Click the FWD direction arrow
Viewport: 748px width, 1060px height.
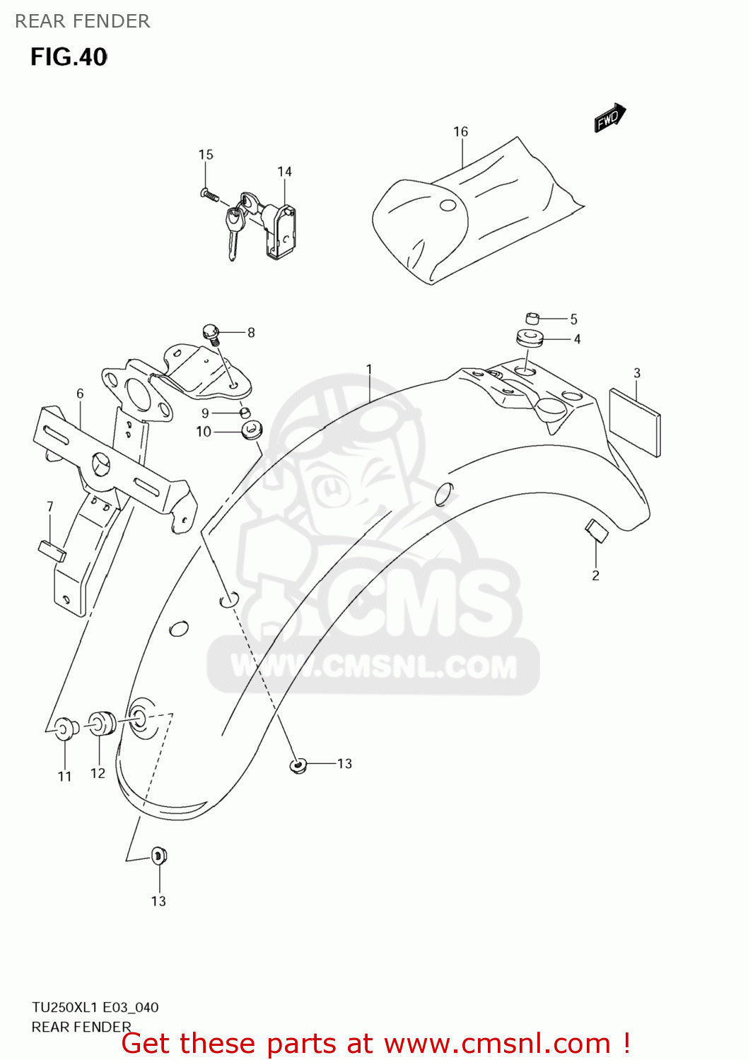609,118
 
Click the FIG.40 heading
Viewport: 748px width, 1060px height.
69,57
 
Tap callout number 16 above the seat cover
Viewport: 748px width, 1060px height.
460,132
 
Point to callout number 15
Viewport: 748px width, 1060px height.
206,155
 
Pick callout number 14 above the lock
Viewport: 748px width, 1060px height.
284,172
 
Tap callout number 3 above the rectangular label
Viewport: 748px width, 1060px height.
637,373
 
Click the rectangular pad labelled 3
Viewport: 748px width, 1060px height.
634,421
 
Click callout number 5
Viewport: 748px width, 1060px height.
574,319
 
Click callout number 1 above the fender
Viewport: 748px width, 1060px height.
369,369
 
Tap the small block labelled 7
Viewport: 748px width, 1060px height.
52,550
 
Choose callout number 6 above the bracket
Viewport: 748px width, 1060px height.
80,394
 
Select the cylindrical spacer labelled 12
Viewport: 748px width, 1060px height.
102,722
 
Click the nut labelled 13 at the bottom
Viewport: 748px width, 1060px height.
159,856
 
